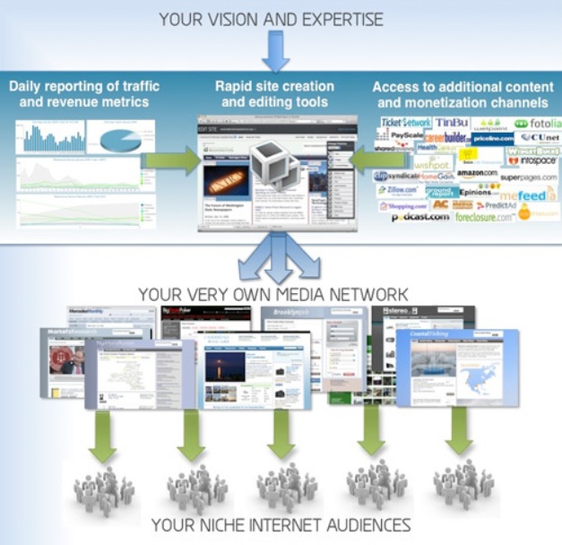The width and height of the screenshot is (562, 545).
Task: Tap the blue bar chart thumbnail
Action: coord(53,136)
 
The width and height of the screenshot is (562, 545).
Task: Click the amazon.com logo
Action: coord(477,173)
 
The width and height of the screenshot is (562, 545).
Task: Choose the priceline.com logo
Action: coord(494,139)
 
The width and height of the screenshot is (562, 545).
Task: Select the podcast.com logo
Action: coord(419,218)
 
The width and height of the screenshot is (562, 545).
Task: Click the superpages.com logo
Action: coord(529,177)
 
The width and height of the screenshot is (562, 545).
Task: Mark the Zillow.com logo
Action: coord(399,190)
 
